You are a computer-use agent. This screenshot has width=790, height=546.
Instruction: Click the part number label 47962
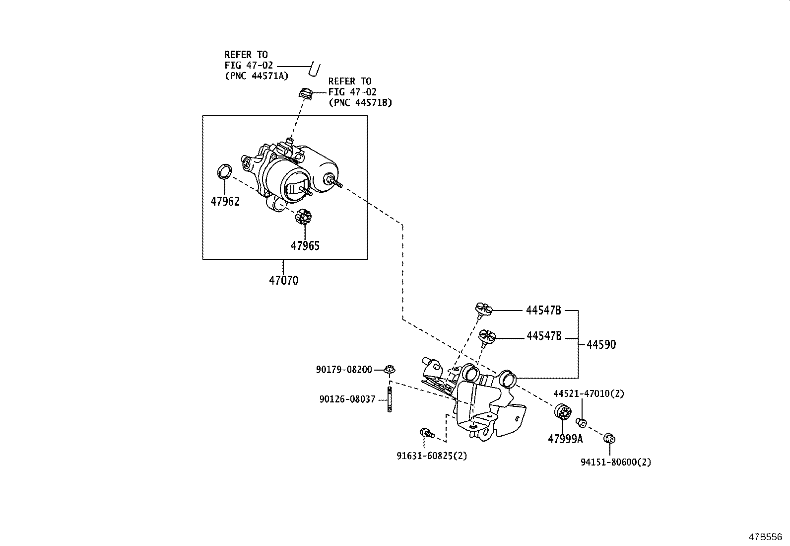pyautogui.click(x=225, y=201)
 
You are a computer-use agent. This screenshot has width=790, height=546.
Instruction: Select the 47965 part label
pyautogui.click(x=305, y=245)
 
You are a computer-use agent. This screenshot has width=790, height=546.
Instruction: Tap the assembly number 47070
pyautogui.click(x=284, y=281)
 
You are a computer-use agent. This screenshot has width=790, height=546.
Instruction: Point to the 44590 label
pyautogui.click(x=601, y=344)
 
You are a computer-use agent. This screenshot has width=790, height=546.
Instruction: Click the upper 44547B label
pyautogui.click(x=543, y=311)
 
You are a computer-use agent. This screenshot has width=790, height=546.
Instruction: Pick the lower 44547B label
pyautogui.click(x=544, y=336)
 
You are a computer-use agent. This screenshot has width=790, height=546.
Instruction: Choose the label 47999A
pyautogui.click(x=565, y=439)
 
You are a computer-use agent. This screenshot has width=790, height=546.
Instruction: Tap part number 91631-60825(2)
pyautogui.click(x=432, y=455)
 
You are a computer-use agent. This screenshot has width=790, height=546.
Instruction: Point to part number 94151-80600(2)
pyautogui.click(x=616, y=462)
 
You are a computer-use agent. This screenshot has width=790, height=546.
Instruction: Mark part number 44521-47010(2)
pyautogui.click(x=589, y=393)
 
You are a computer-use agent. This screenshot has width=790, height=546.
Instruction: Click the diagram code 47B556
pyautogui.click(x=765, y=537)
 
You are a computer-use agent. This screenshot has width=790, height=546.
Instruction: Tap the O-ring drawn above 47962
pyautogui.click(x=225, y=171)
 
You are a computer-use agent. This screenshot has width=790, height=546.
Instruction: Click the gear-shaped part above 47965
pyautogui.click(x=303, y=217)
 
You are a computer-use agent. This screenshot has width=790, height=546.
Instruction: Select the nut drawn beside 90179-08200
pyautogui.click(x=390, y=369)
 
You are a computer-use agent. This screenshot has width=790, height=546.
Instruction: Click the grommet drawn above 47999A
pyautogui.click(x=562, y=412)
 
